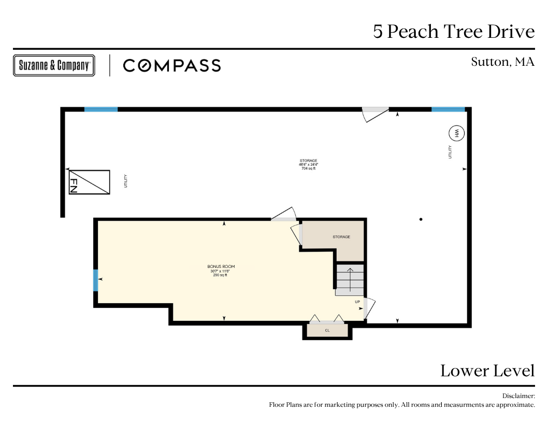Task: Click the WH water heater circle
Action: tap(456, 133)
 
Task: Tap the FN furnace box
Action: tap(90, 182)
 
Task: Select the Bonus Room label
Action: tap(221, 266)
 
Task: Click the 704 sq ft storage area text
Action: tap(309, 168)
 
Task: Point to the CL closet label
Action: tap(327, 330)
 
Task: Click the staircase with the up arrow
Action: tap(350, 280)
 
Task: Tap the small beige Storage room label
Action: tap(341, 237)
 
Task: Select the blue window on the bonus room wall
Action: tap(95, 280)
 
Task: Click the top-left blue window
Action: tap(101, 109)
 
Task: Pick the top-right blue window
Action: tap(449, 109)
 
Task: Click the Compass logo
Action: tap(172, 66)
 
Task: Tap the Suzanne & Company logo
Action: tap(54, 65)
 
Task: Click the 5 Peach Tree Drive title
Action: tap(454, 32)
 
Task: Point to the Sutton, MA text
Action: tap(502, 62)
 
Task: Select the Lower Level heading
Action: tap(487, 371)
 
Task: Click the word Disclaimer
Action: tap(518, 396)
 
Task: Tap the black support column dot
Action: tap(421, 219)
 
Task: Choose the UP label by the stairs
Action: tap(357, 302)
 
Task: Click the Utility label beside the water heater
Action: tap(450, 152)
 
